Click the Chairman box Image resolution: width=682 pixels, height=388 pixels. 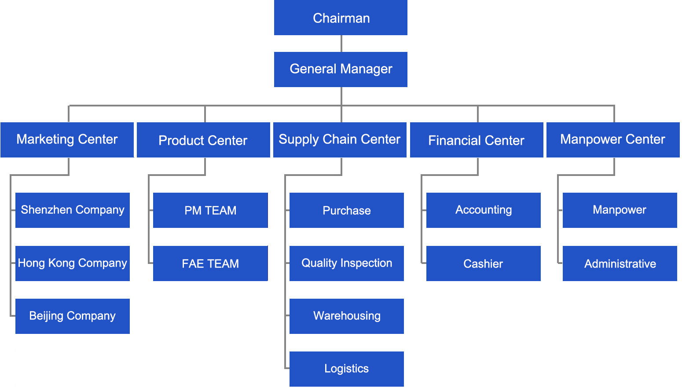pos(341,18)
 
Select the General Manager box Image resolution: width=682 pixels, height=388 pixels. pos(341,70)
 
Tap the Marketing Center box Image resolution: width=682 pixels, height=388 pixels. pos(67,140)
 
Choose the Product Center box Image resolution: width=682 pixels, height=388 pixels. pos(203,140)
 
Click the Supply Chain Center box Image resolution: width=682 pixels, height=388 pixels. pos(340,140)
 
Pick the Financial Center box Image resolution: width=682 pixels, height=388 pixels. pos(477,140)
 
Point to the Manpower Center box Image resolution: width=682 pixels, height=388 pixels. pos(613,140)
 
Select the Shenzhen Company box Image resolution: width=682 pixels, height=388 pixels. pos(73,210)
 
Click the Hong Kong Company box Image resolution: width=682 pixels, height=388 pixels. pos(73,264)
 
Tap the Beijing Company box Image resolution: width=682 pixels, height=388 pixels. pos(73,316)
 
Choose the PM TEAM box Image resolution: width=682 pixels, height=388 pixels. pos(210,210)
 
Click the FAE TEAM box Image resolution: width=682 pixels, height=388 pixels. pos(210,264)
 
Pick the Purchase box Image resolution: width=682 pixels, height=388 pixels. pos(347,210)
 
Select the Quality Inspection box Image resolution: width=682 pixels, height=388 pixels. pos(347,264)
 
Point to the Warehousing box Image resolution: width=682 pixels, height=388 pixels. pos(347,316)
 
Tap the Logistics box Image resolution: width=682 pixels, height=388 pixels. pos(347,369)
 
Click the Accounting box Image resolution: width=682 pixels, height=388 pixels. pos(484,210)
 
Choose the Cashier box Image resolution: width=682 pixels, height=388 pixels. pos(484,264)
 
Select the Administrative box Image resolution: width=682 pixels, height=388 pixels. pos(620,264)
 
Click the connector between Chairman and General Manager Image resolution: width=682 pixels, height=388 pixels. pos(341,44)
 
